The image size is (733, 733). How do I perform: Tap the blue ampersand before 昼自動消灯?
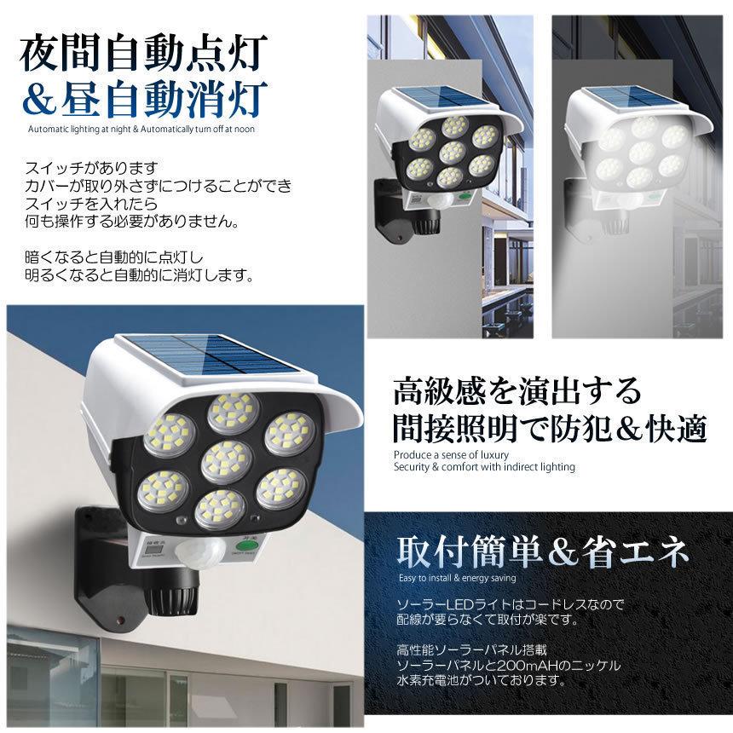[42, 100]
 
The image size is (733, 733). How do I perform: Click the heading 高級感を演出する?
[516, 393]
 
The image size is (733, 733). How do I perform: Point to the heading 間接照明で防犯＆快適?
[549, 428]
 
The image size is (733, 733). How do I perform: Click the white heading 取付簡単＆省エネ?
[543, 554]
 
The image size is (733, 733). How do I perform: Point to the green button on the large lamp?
[245, 546]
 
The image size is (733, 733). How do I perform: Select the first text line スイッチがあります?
[93, 169]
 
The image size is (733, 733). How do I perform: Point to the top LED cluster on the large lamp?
[232, 412]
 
